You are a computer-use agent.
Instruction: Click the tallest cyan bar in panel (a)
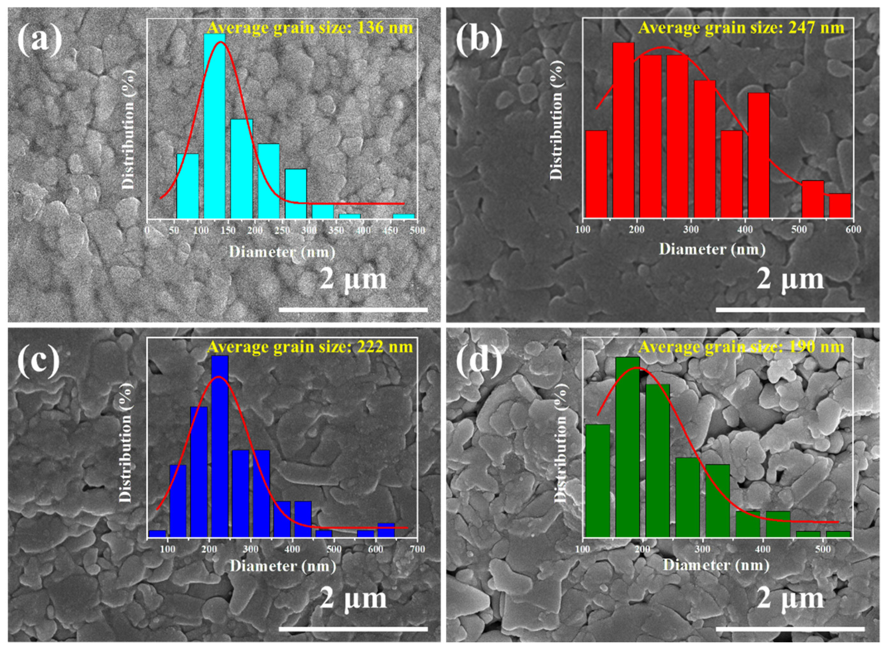coord(214,126)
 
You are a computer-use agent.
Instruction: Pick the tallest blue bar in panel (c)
coord(220,446)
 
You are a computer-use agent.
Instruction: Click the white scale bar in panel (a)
coord(353,310)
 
